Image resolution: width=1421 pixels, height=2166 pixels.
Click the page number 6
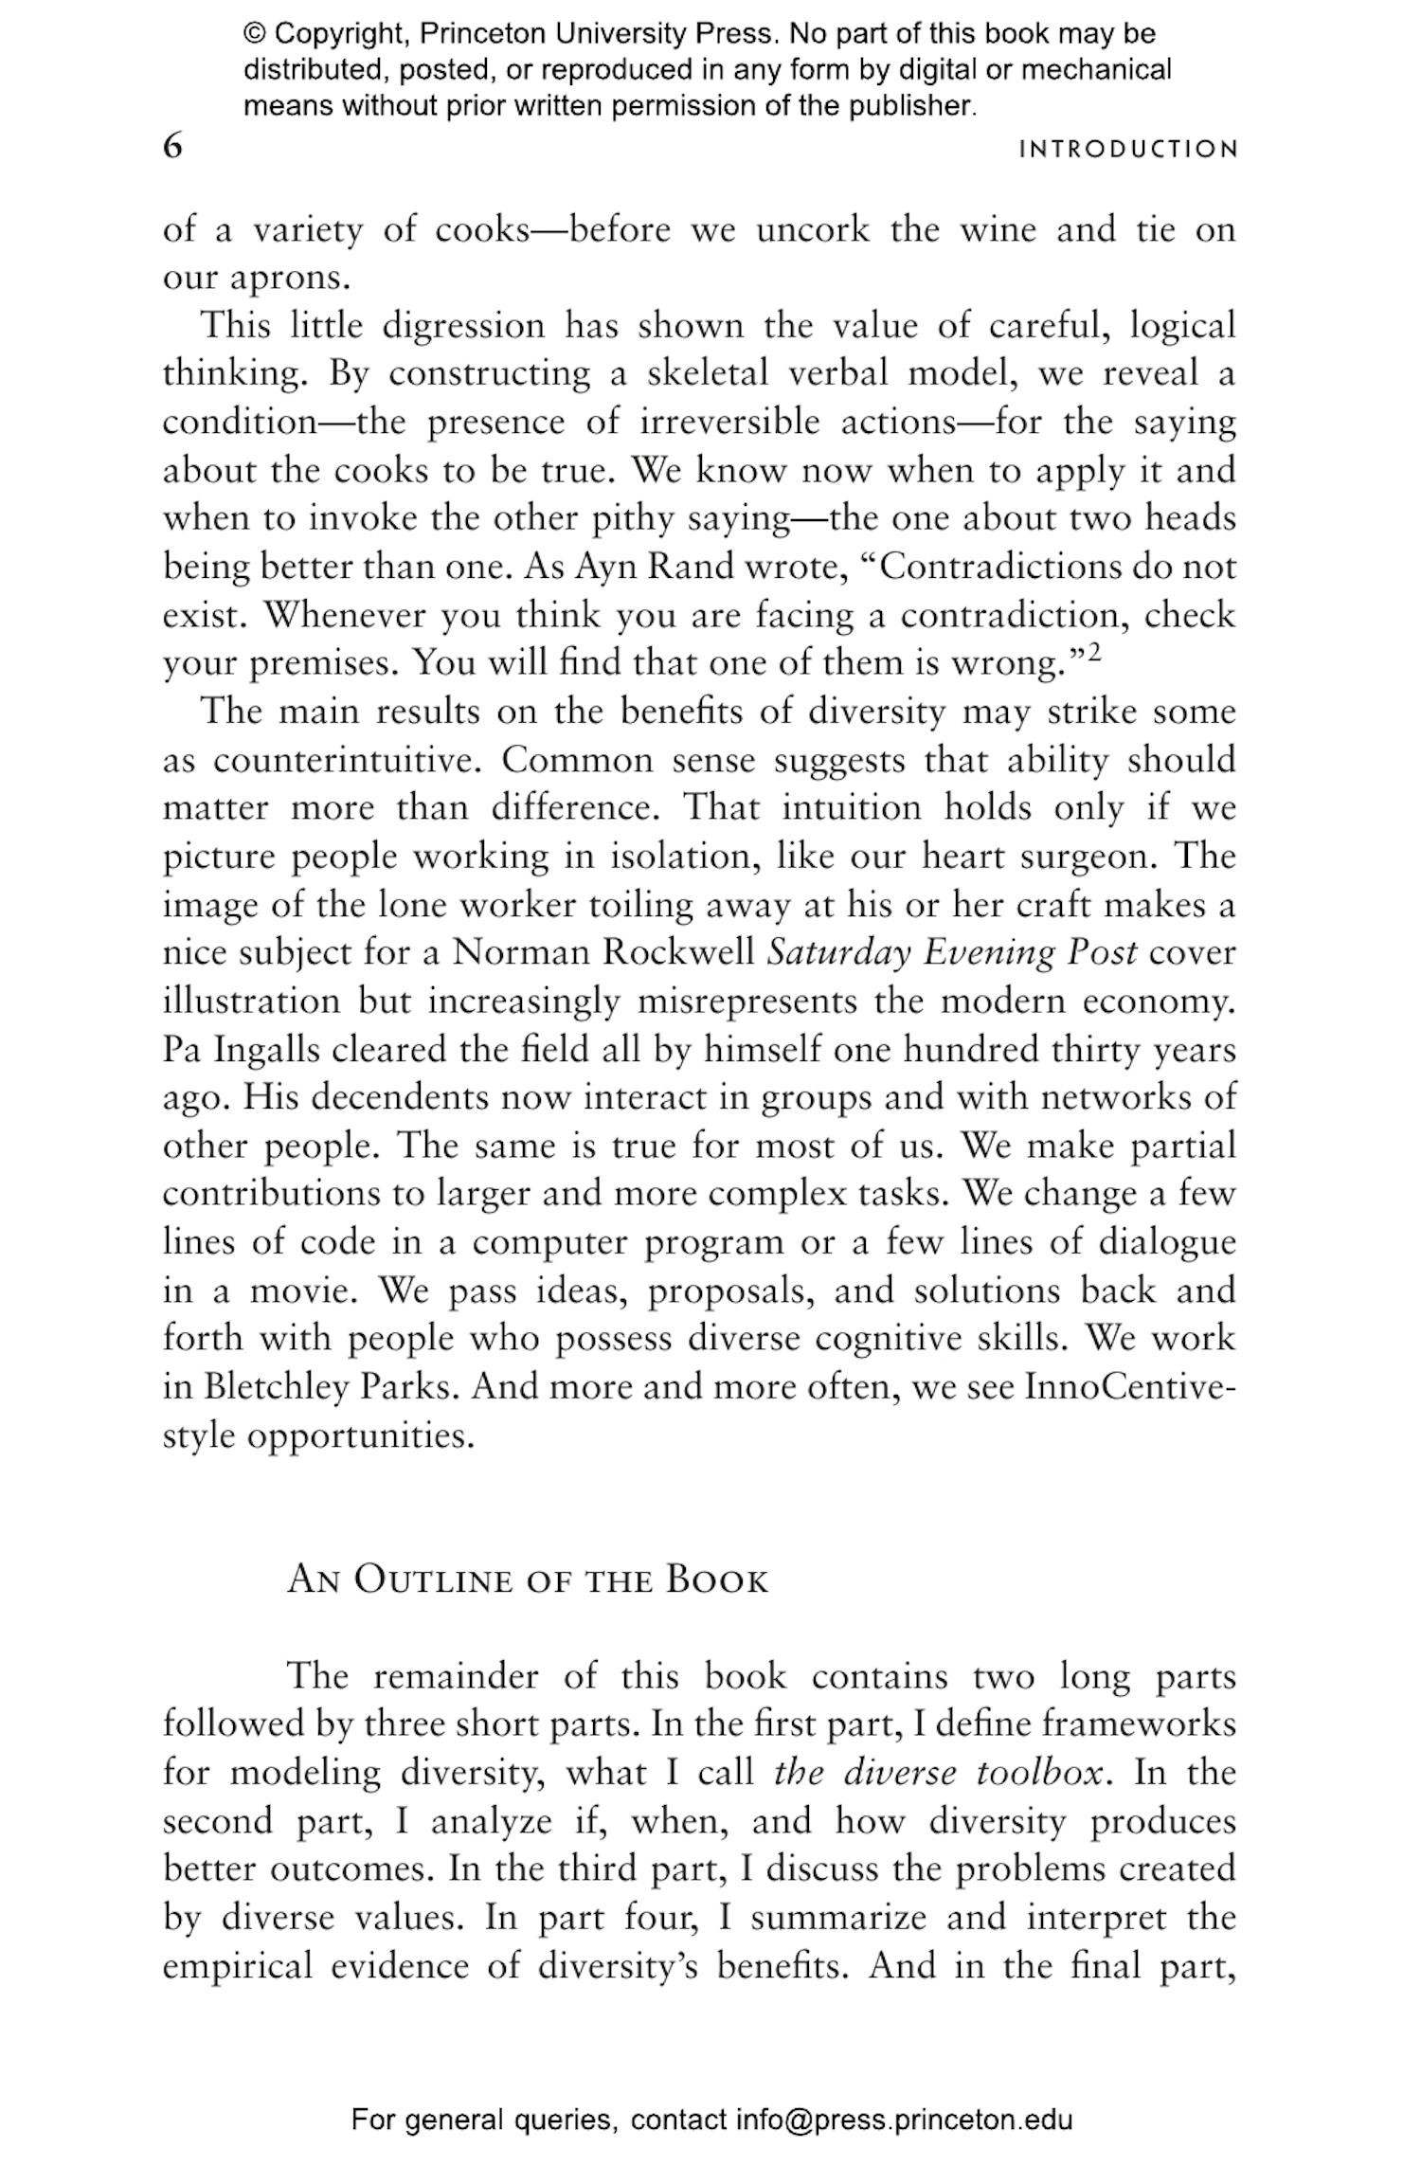tap(172, 148)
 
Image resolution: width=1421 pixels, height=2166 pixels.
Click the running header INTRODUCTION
tap(1128, 150)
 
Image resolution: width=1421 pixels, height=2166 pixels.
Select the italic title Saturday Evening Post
tap(951, 952)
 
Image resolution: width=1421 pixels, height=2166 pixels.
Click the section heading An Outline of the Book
tap(527, 1580)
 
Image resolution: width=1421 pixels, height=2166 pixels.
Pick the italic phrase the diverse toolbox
tap(939, 1773)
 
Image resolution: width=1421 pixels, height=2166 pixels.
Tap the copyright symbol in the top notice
tap(255, 35)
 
